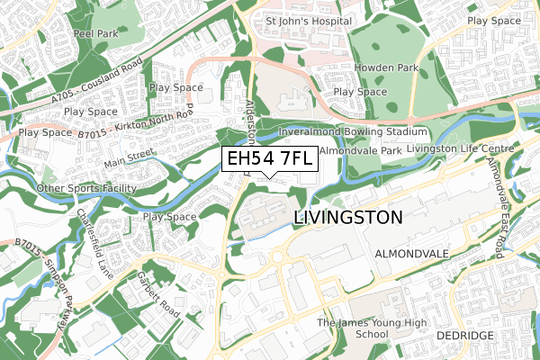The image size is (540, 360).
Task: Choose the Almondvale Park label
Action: (359, 152)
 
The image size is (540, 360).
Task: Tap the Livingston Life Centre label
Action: (459, 148)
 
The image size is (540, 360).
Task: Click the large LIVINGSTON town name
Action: (347, 218)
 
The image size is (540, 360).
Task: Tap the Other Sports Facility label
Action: (86, 188)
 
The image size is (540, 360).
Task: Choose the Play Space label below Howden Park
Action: (360, 92)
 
